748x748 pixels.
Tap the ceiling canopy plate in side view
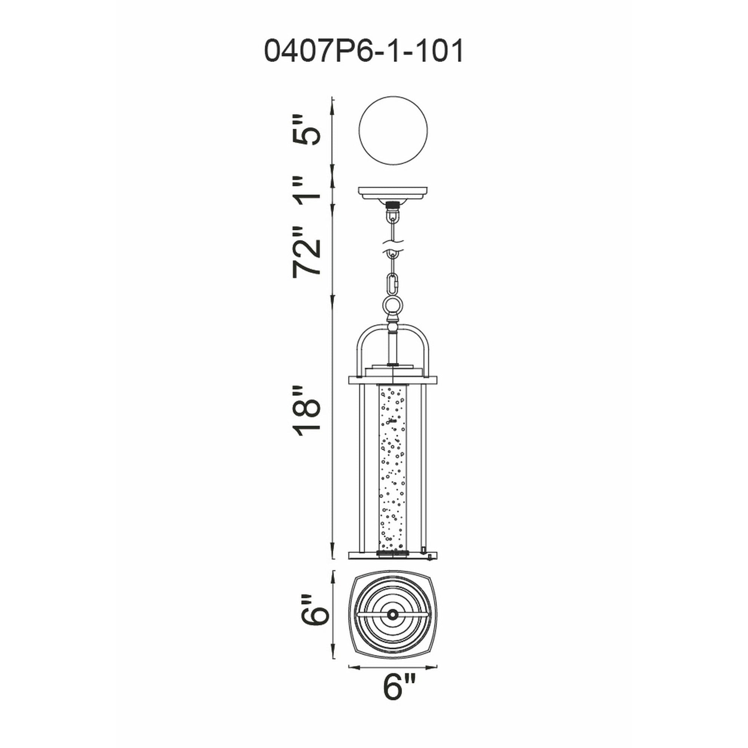(393, 193)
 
